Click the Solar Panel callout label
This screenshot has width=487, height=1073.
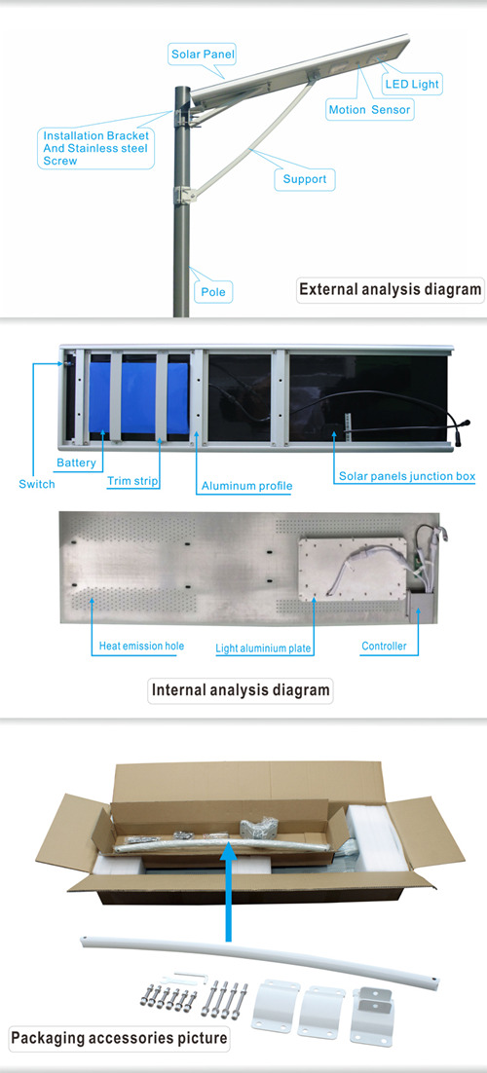pos(195,55)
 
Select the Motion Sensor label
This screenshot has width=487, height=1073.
pos(370,109)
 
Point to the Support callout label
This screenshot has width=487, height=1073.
pos(305,179)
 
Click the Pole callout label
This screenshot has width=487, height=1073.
pos(213,292)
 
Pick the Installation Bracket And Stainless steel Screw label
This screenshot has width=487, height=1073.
pos(95,149)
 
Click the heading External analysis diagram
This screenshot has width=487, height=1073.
pos(391,289)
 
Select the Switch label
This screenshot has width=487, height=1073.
pos(36,485)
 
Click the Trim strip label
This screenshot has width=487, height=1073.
pos(132,481)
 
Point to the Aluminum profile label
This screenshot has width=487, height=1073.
pos(246,487)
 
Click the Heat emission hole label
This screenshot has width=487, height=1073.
pos(141,646)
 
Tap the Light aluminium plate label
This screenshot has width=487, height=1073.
pos(263,647)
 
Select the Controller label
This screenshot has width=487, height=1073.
pos(384,646)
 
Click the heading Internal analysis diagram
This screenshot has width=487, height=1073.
pos(241,689)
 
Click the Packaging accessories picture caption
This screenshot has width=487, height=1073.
pos(119,1038)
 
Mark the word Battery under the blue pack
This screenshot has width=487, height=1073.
pos(76,463)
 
